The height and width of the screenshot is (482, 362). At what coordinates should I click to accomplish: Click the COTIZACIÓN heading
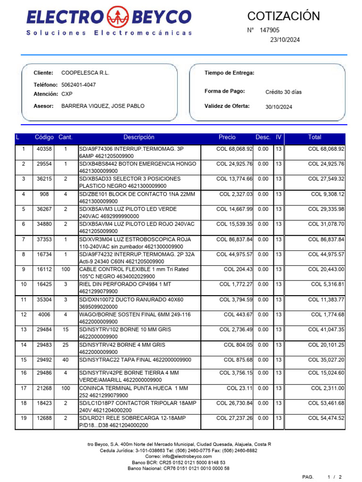[283, 16]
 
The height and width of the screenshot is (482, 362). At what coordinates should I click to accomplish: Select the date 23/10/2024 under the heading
[284, 40]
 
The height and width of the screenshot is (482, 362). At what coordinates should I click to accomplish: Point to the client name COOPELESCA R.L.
[85, 73]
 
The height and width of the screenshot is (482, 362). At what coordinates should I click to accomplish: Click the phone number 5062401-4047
[79, 85]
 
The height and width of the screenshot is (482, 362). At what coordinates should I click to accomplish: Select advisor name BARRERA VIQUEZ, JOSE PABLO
[103, 106]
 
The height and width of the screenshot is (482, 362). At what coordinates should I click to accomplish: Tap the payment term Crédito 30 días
[283, 92]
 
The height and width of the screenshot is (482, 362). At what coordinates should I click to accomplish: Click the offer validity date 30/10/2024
[279, 107]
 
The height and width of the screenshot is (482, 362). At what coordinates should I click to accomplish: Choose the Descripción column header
[139, 137]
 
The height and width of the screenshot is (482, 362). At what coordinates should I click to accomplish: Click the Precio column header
[227, 137]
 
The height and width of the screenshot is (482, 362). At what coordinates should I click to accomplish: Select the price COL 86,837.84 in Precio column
[234, 240]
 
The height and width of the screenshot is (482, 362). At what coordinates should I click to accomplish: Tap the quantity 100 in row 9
[66, 270]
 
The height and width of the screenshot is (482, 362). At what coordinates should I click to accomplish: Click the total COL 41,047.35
[326, 330]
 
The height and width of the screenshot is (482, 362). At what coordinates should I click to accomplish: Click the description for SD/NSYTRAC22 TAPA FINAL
[135, 360]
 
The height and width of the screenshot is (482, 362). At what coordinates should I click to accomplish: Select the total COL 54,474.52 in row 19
[326, 418]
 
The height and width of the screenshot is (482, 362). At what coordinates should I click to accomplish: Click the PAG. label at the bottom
[308, 477]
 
